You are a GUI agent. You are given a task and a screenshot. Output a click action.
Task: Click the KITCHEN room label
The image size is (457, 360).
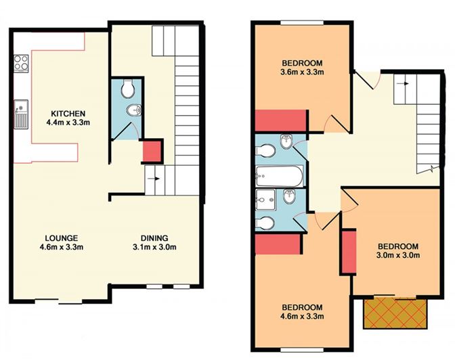[x=68, y=113]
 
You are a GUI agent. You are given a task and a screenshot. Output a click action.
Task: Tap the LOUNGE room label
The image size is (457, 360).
[x=62, y=238]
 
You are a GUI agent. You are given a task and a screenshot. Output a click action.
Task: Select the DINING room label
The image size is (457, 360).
[x=154, y=238]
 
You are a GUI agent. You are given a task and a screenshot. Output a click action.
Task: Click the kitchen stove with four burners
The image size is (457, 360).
[x=21, y=64]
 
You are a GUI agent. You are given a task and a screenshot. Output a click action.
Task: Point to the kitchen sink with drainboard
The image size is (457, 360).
[x=21, y=114]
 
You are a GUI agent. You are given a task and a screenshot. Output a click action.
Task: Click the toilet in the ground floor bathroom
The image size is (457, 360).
[x=127, y=89]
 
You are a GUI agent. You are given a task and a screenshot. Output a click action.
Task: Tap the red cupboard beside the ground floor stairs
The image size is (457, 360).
[x=152, y=151]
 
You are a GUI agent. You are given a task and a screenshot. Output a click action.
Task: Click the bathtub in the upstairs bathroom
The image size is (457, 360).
[x=279, y=176]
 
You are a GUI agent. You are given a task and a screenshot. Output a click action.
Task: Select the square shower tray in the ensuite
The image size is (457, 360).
[x=265, y=200]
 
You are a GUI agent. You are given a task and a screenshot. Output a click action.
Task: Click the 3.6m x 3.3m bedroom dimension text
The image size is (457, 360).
[x=302, y=72]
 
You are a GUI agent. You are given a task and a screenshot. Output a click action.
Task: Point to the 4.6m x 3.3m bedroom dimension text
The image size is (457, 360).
[x=302, y=316]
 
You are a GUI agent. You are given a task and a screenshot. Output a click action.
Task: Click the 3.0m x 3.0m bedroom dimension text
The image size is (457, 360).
[x=398, y=255]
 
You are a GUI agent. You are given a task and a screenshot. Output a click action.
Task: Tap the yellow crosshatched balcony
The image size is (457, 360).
[x=395, y=313]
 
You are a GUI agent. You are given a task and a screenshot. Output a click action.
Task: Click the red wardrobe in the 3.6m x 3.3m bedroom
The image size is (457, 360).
[x=280, y=120]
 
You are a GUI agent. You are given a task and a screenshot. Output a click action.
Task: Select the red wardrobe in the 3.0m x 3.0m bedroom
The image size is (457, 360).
[x=349, y=252]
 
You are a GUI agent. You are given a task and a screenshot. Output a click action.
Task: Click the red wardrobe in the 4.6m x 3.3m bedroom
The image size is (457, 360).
[x=278, y=244]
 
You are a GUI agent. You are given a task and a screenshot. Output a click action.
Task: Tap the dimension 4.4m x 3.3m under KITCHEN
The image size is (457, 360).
[x=68, y=122]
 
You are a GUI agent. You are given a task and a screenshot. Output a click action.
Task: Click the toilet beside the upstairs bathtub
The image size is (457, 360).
[x=265, y=151]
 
